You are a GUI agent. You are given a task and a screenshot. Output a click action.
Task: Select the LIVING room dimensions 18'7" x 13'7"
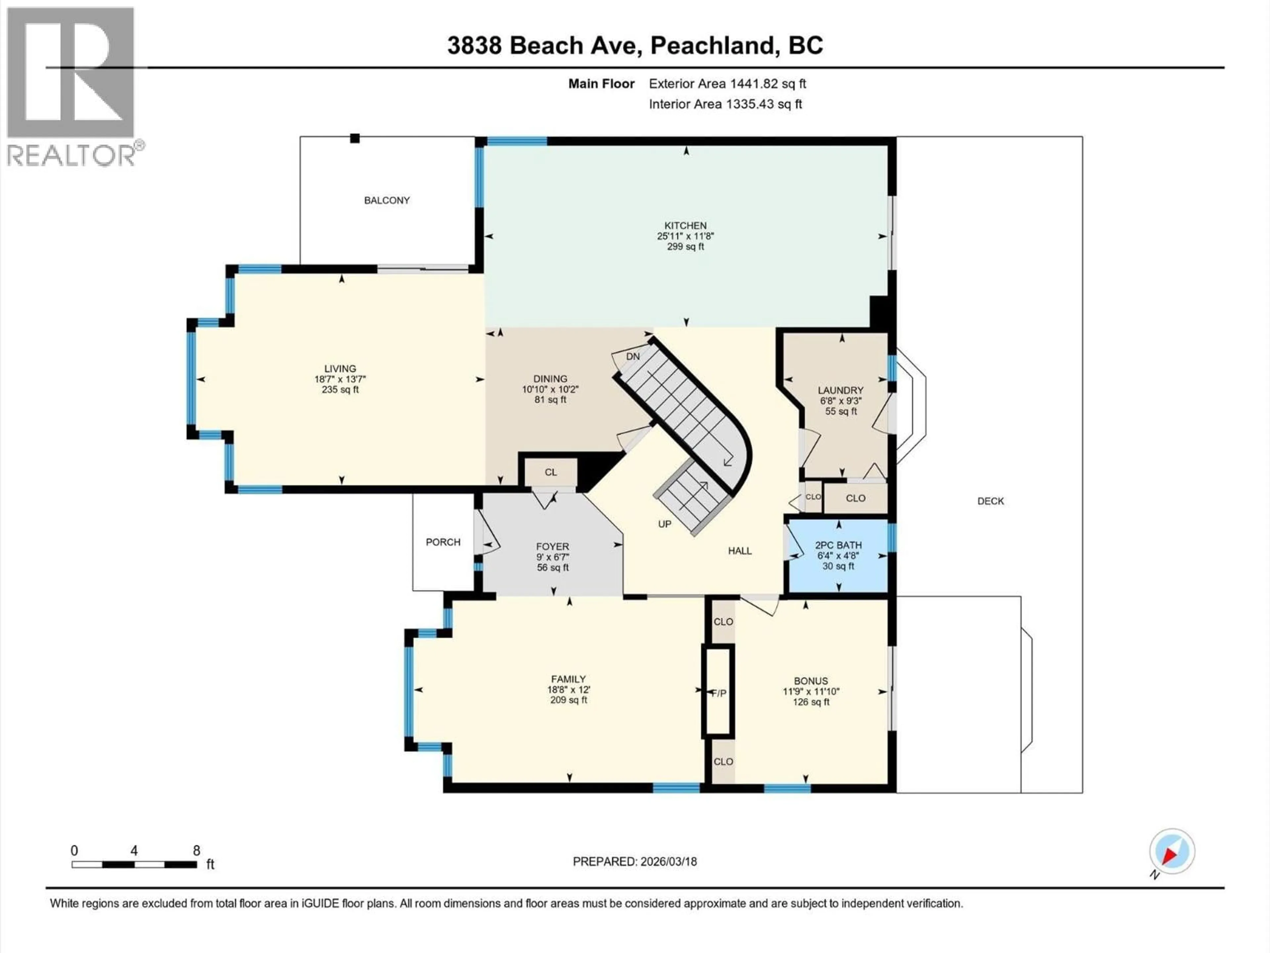[x=340, y=379]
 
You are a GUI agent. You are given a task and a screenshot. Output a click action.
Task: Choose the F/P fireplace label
[x=719, y=693]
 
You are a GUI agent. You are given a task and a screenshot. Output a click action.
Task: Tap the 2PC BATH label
[x=838, y=545]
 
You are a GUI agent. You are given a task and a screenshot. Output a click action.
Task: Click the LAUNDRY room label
[x=840, y=390]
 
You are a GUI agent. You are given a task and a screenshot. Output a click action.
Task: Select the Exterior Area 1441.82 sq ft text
[x=727, y=84]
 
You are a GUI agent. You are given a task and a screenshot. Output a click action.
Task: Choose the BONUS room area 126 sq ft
[x=811, y=702]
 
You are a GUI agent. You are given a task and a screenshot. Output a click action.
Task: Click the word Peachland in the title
[x=712, y=45]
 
